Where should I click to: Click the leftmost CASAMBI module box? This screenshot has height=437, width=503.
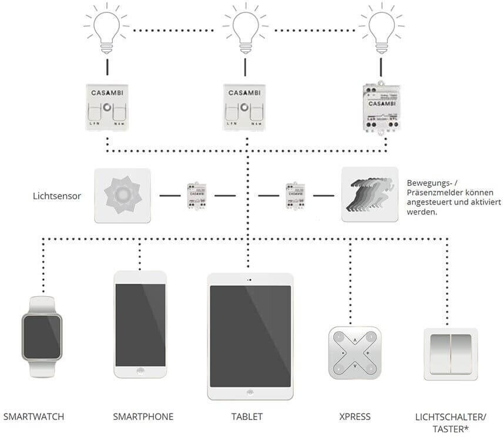point(108,107)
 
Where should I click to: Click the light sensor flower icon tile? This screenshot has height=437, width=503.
point(122,196)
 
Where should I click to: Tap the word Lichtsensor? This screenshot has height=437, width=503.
point(56,195)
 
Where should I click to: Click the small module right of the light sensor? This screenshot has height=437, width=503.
point(194,194)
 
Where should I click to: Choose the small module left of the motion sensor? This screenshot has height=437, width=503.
point(295,194)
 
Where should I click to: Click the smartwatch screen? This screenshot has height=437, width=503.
point(42,337)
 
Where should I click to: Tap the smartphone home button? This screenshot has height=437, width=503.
point(140,371)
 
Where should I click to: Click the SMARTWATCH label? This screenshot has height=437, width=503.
point(33,417)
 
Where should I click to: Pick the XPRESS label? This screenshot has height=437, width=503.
point(355,417)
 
